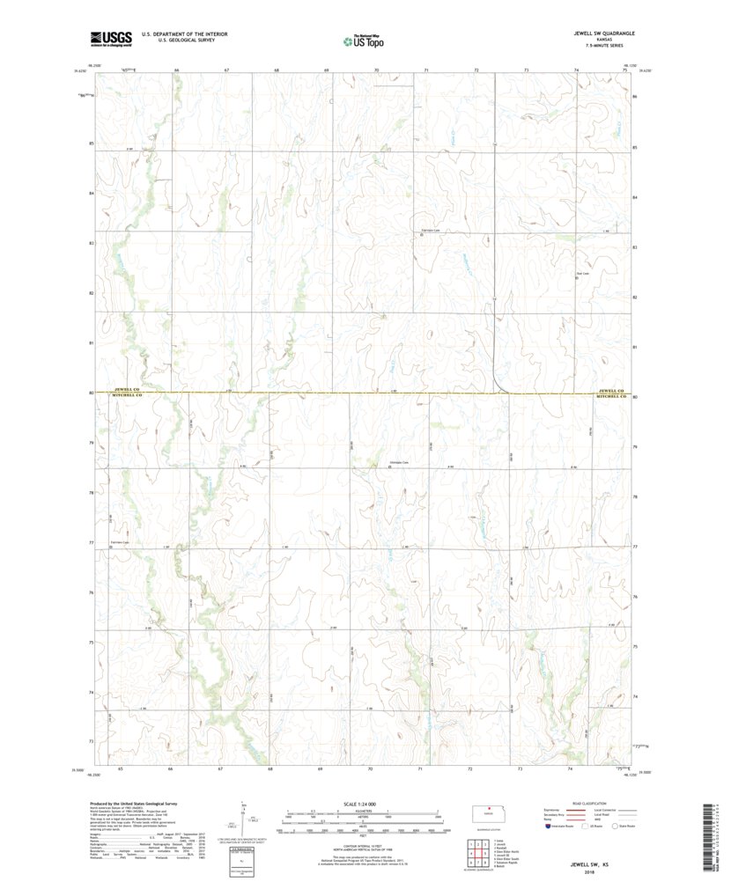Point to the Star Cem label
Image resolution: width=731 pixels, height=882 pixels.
click(x=581, y=273)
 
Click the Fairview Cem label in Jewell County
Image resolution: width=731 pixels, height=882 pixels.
click(x=429, y=232)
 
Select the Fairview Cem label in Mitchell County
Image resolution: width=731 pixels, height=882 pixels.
click(x=120, y=541)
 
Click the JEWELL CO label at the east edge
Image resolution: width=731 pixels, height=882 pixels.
click(x=609, y=390)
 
